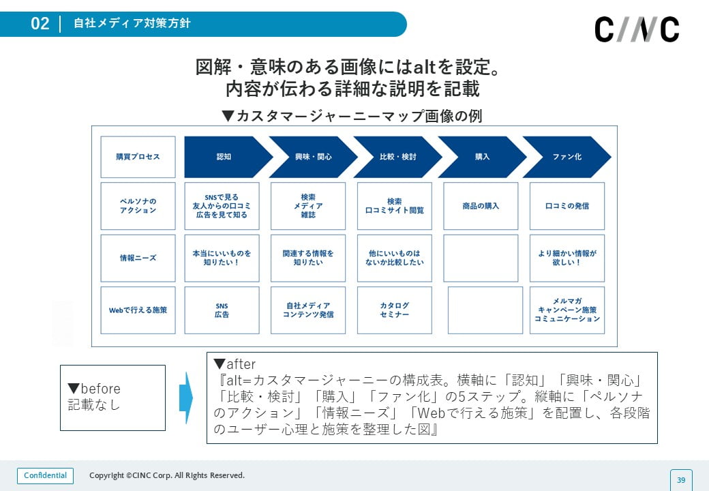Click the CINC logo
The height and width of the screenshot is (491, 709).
pyautogui.click(x=637, y=29)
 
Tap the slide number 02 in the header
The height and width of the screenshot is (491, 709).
pyautogui.click(x=40, y=24)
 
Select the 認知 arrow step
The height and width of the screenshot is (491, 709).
pyautogui.click(x=225, y=157)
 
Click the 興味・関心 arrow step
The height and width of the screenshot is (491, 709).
pyautogui.click(x=312, y=157)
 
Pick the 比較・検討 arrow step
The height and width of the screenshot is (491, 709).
pyautogui.click(x=397, y=157)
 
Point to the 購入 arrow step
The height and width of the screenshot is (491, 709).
pyautogui.click(x=481, y=157)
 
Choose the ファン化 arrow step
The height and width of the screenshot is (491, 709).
pyautogui.click(x=566, y=157)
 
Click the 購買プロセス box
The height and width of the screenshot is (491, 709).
pyautogui.click(x=138, y=157)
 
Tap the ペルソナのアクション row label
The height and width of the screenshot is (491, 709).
pyautogui.click(x=138, y=206)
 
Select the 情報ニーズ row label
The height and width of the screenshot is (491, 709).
pyautogui.click(x=138, y=258)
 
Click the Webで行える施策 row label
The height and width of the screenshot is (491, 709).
pyautogui.click(x=138, y=310)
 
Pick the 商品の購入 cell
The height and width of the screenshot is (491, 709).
pyautogui.click(x=481, y=206)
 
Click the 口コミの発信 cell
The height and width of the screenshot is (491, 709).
pyautogui.click(x=567, y=206)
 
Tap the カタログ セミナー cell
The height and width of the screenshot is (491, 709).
pyautogui.click(x=395, y=310)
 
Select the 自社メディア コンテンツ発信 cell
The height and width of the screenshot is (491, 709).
pyautogui.click(x=308, y=310)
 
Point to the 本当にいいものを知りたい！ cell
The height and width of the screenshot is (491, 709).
pyautogui.click(x=222, y=258)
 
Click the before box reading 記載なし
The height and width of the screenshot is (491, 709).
pyautogui.click(x=112, y=398)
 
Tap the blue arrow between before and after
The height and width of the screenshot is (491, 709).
pyautogui.click(x=185, y=398)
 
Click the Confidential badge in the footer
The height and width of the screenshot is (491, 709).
pyautogui.click(x=45, y=475)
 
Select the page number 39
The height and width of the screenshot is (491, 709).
pyautogui.click(x=680, y=480)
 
